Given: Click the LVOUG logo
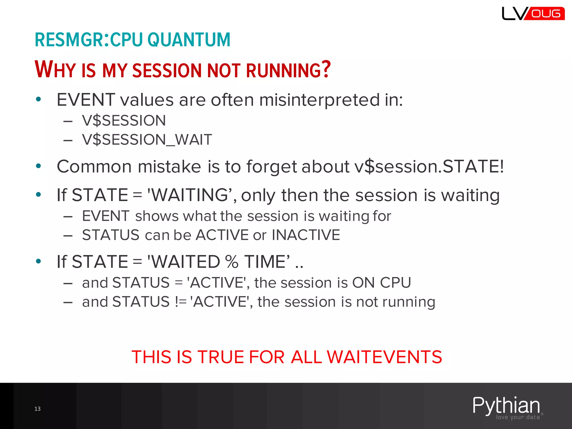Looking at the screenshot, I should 533,14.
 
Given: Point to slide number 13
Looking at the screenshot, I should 37,409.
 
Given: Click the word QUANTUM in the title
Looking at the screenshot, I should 189,40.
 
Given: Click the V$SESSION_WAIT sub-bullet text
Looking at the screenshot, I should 147,140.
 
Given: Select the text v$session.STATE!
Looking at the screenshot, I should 429,166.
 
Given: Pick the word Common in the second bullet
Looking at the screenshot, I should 94,166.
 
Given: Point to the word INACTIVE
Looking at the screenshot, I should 306,235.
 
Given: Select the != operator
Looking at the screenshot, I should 181,302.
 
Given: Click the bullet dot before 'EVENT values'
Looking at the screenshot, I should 39,99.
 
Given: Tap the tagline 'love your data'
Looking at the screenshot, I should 518,417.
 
